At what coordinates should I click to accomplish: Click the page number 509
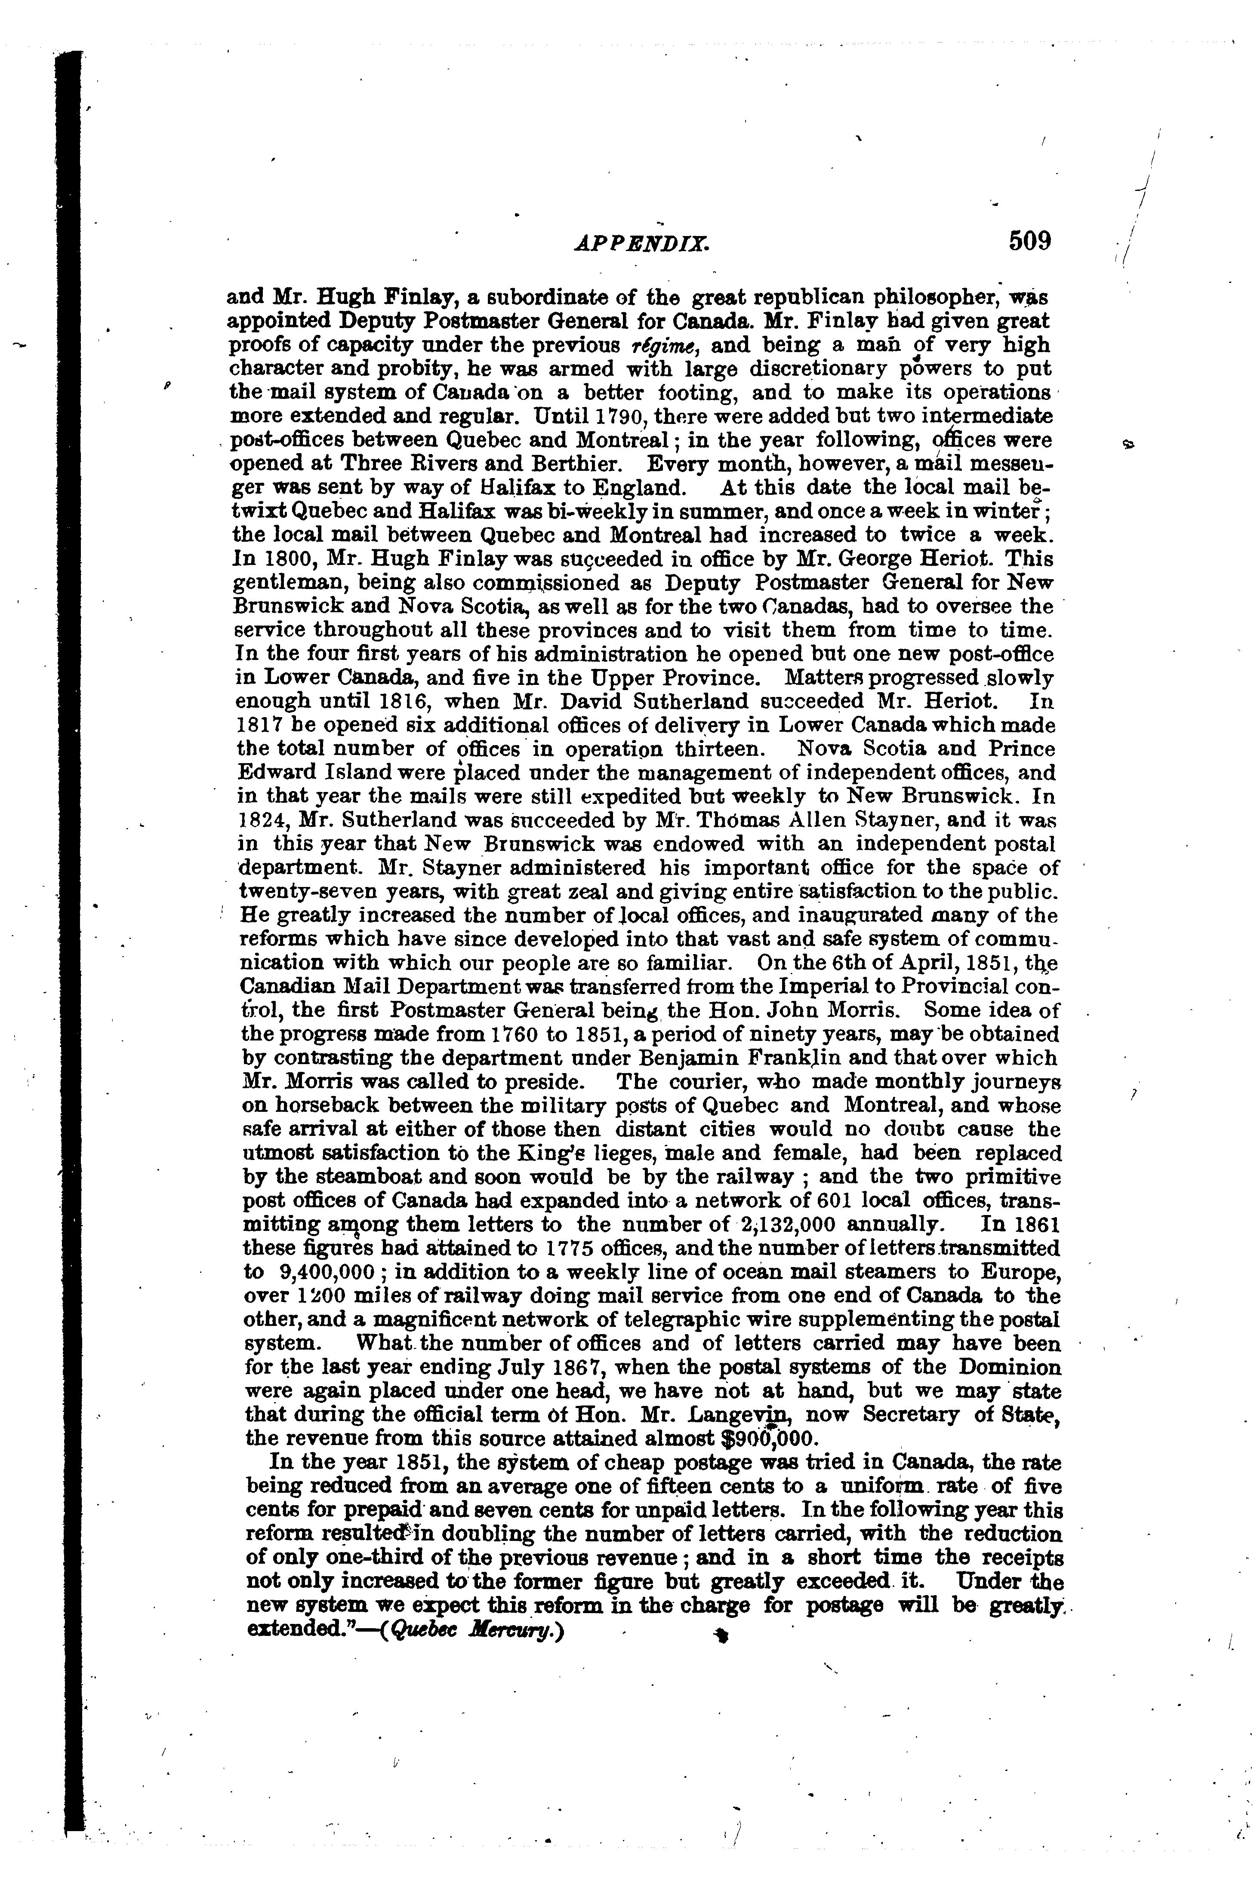coord(1029,241)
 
